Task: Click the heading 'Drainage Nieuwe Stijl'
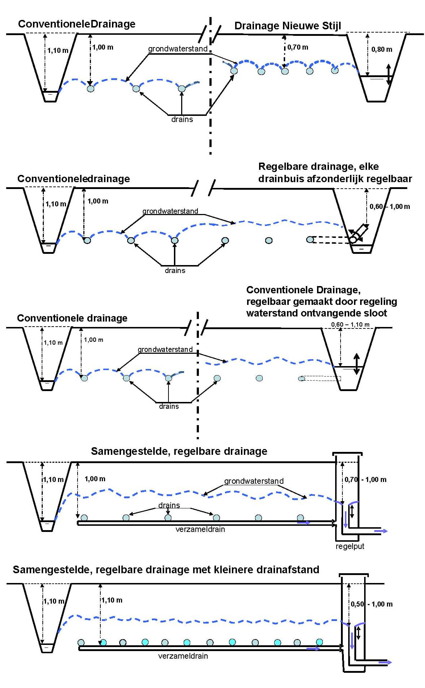[x=288, y=26]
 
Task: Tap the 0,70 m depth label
[x=298, y=47]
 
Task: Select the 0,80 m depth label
[x=382, y=49]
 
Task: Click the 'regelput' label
[x=350, y=546]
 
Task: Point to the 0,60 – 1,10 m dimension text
[x=350, y=324]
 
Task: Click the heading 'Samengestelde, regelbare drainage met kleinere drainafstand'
[x=166, y=570]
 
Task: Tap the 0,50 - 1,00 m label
[x=371, y=604]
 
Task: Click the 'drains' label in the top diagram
[x=182, y=119]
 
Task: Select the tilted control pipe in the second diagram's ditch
[x=359, y=233]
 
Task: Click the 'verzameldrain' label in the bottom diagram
[x=183, y=656]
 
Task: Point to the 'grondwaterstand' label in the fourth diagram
[x=254, y=481]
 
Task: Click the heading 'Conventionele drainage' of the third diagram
[x=72, y=318]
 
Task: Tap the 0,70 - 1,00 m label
[x=365, y=479]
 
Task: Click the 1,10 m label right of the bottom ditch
[x=112, y=600]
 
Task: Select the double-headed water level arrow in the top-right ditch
[x=388, y=74]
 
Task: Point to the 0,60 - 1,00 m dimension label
[x=390, y=206]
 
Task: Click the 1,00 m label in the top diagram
[x=103, y=47]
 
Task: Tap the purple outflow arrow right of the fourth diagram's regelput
[x=381, y=531]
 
